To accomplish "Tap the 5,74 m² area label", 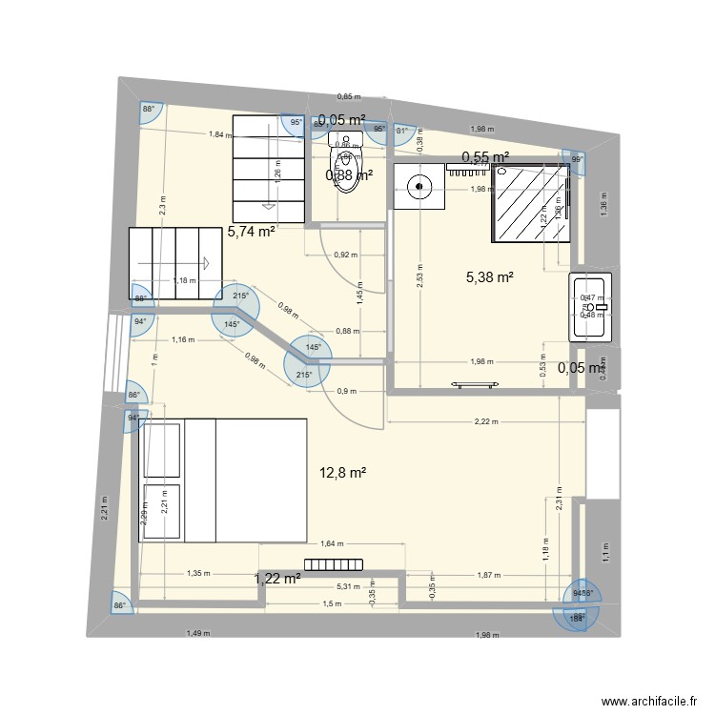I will tap(251, 231).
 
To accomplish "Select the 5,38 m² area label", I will tap(489, 277).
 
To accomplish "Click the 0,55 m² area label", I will tap(484, 157).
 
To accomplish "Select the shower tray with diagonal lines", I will tap(533, 203).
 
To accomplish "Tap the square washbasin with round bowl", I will tap(418, 186).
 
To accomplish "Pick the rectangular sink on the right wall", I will tap(592, 307).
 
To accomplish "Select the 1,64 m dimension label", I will tap(332, 544).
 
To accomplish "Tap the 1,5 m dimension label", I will tap(331, 605).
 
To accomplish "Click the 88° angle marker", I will tap(149, 110).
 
